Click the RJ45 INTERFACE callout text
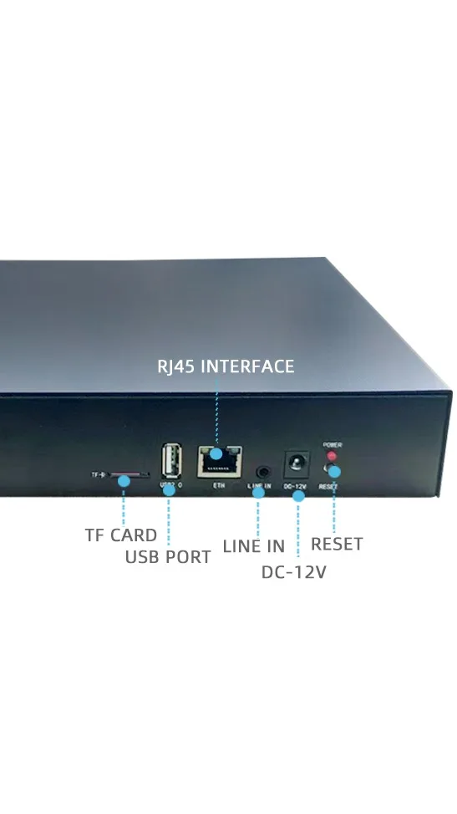point(226,366)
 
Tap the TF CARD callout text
point(120,535)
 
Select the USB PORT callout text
point(168,557)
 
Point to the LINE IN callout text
point(254,546)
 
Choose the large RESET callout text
point(337,544)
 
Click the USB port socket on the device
point(170,460)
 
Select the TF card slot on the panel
point(129,474)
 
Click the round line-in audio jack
point(263,474)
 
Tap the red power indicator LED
point(331,457)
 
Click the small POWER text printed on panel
point(331,445)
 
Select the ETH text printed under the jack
point(219,485)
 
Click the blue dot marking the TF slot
point(124,480)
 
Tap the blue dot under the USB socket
point(170,490)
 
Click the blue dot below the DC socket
point(298,495)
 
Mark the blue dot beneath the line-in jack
point(258,492)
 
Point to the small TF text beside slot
point(97,475)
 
